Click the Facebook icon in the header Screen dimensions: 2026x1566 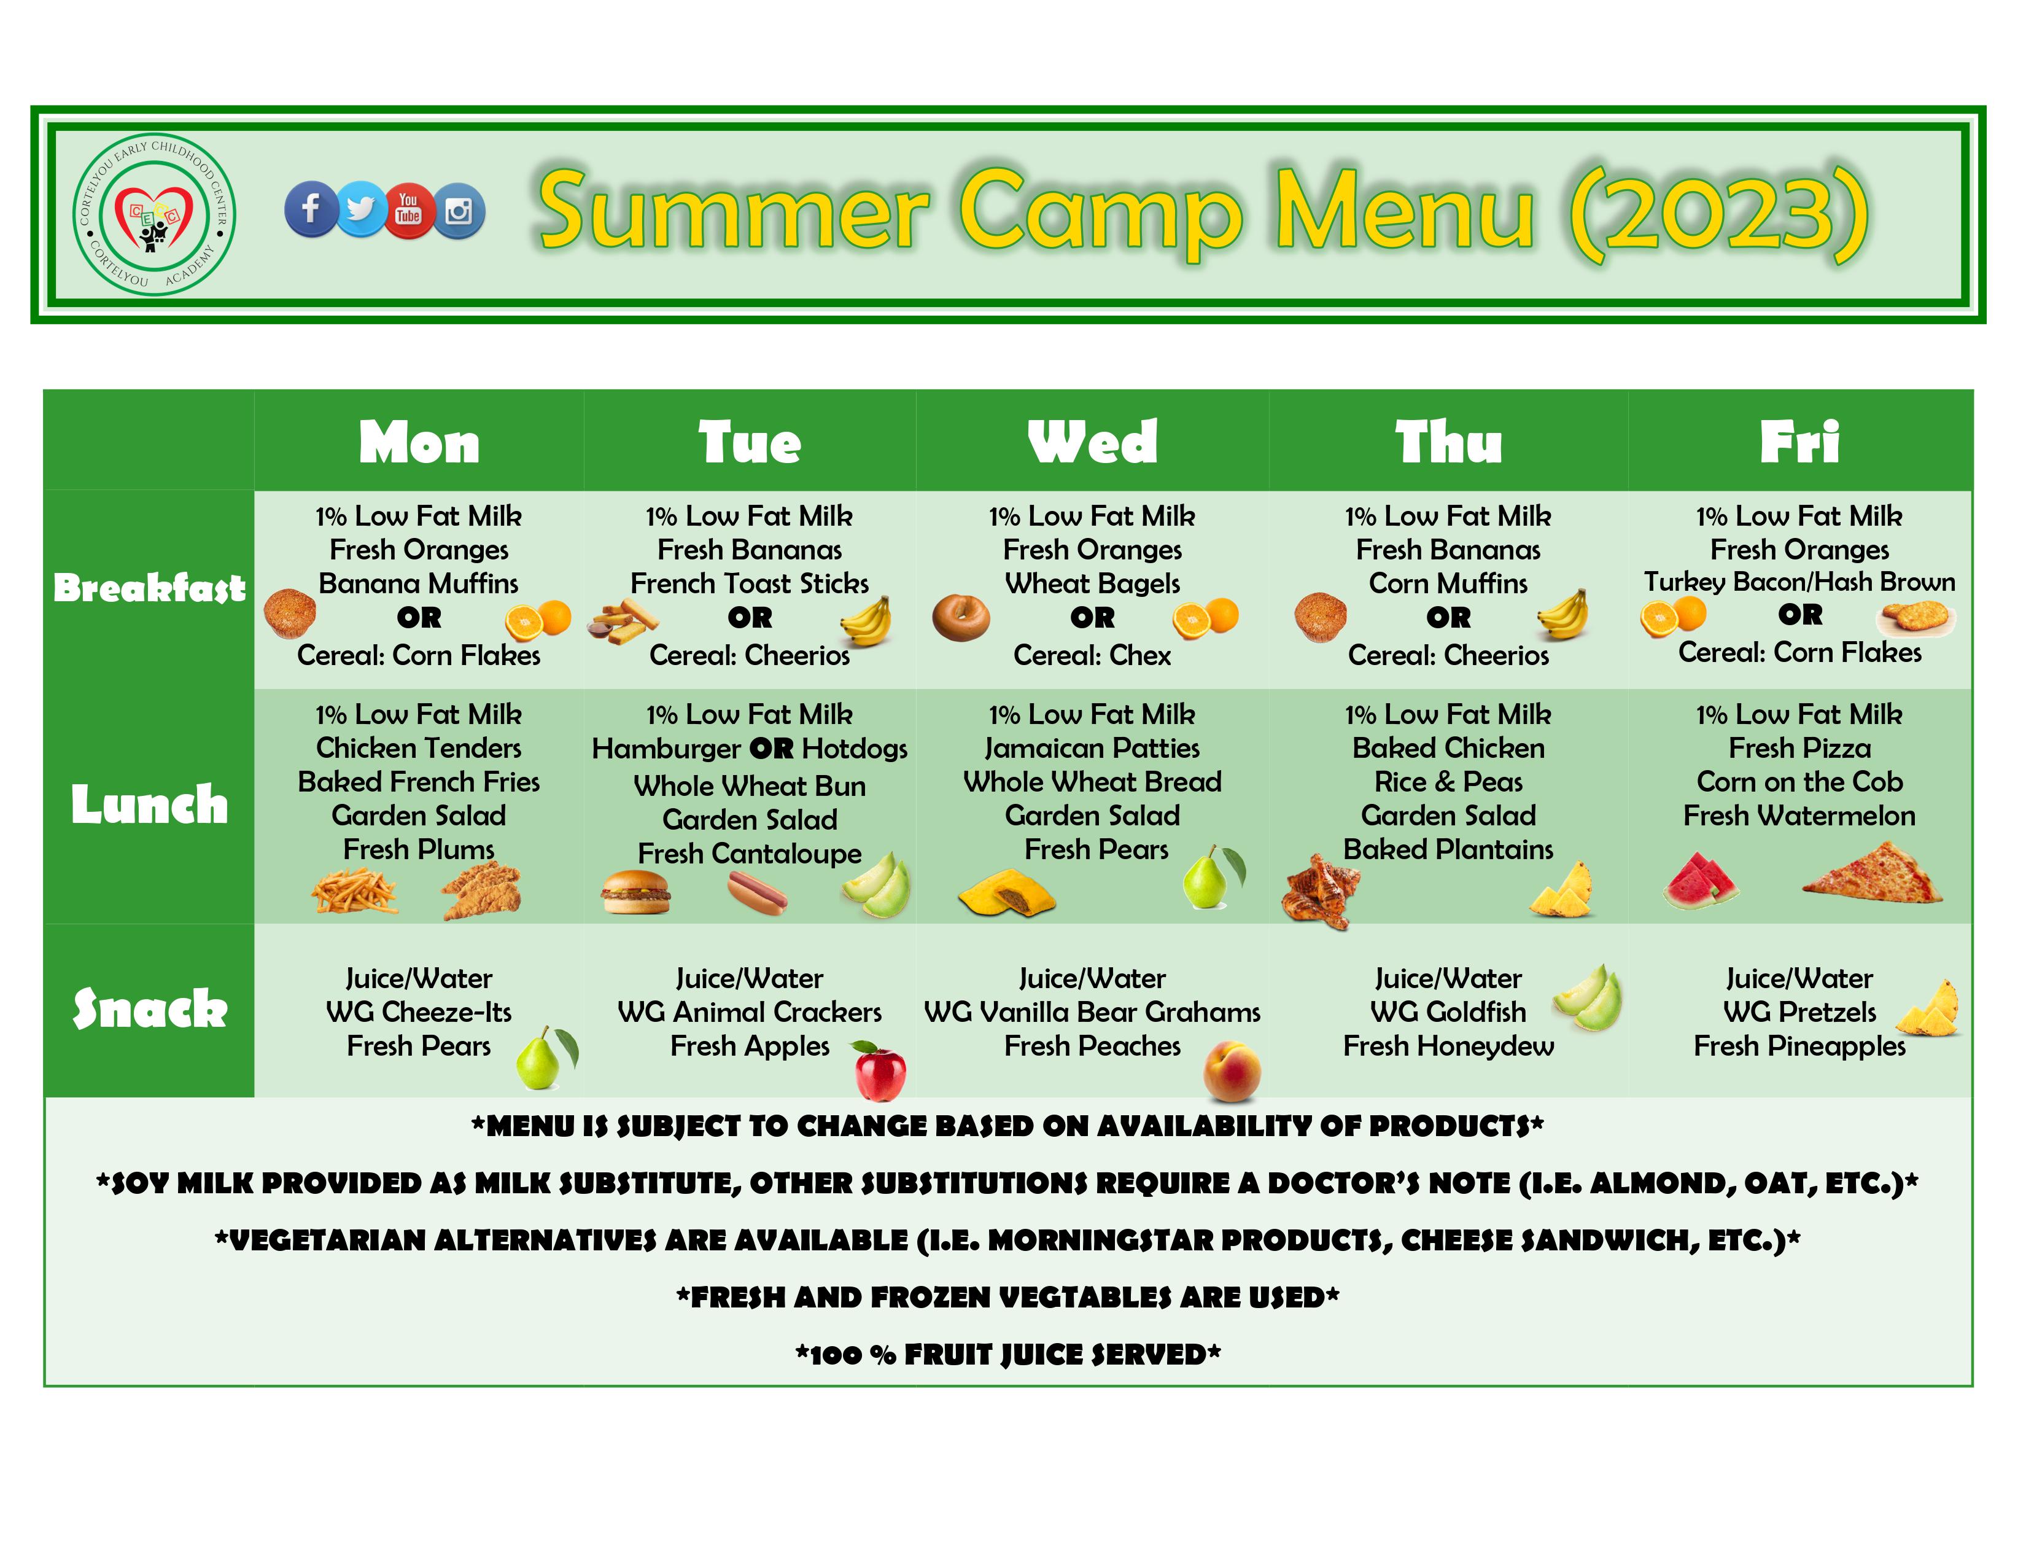tap(311, 209)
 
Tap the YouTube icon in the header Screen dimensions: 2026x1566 tap(408, 209)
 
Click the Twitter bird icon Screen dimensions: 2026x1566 tap(360, 209)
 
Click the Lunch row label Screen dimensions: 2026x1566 tap(149, 804)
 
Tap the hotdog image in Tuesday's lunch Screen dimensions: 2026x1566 tap(757, 892)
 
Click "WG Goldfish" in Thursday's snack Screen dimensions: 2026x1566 tap(1448, 1012)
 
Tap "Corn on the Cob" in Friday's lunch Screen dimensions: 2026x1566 tap(1799, 782)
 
